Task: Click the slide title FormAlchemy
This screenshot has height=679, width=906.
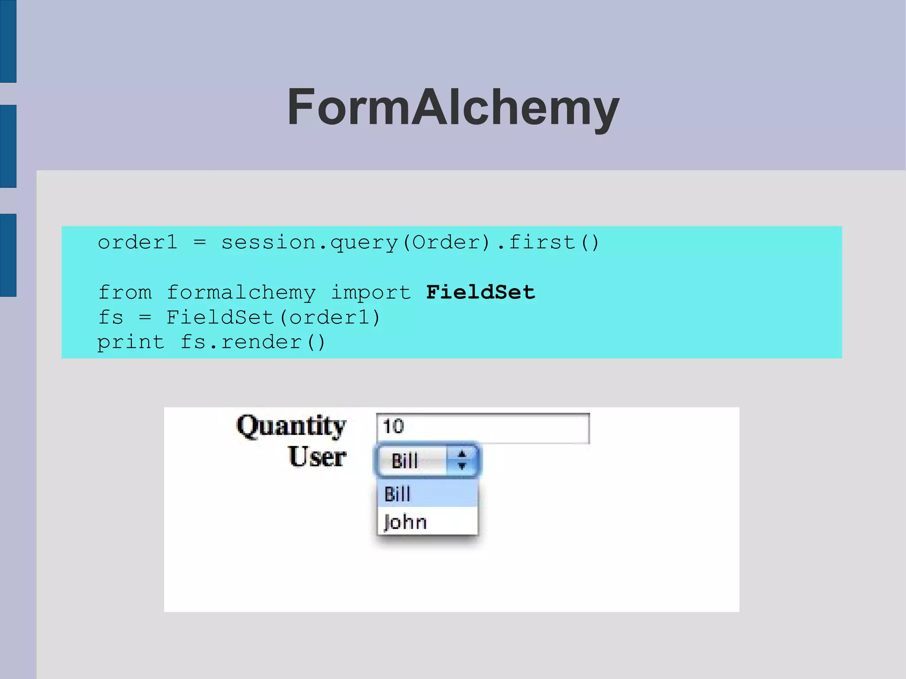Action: (x=453, y=107)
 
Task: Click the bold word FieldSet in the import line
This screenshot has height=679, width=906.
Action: (x=480, y=292)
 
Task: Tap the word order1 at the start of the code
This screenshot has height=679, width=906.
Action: (x=137, y=242)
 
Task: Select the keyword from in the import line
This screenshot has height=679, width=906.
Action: (x=124, y=292)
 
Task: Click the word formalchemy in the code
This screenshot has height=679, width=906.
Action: (x=241, y=292)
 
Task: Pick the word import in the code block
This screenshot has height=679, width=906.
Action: (x=371, y=292)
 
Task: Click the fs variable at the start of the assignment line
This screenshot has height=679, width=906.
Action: (x=110, y=317)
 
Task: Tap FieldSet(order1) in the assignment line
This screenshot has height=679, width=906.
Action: (x=273, y=317)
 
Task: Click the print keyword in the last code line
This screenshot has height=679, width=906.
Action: (x=131, y=342)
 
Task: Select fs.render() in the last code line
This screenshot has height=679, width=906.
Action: (x=253, y=342)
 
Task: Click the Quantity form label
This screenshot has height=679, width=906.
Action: (x=291, y=426)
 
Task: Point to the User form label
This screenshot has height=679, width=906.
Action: (x=317, y=457)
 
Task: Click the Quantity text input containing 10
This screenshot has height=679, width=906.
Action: (x=483, y=428)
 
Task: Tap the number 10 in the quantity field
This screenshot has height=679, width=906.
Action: (x=393, y=427)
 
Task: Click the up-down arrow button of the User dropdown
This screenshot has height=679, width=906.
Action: (x=462, y=460)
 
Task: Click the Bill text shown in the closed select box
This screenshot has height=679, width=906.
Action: (x=405, y=461)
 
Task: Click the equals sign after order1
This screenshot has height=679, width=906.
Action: (x=200, y=242)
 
